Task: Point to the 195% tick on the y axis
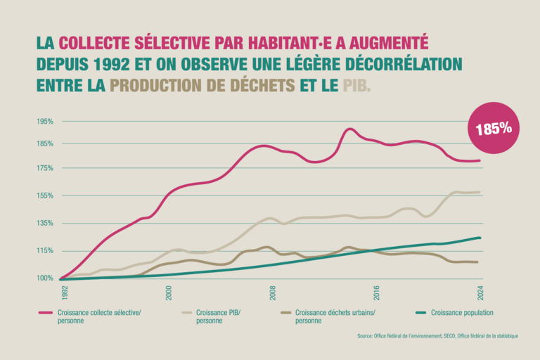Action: pos(45,122)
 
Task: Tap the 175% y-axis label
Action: pos(45,168)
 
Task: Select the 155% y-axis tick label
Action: pos(45,195)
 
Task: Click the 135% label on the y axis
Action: pos(45,224)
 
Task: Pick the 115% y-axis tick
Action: pos(45,251)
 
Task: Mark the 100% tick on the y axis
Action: pos(45,278)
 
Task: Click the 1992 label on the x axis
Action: pos(65,292)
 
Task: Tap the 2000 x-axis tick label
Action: pos(169,292)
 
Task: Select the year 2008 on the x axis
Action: pos(273,292)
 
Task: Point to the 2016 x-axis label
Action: pos(377,292)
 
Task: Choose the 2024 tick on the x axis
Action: pos(481,292)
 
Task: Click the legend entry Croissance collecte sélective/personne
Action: pos(98,316)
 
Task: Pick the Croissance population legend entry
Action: pos(461,312)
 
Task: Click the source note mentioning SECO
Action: pos(437,336)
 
